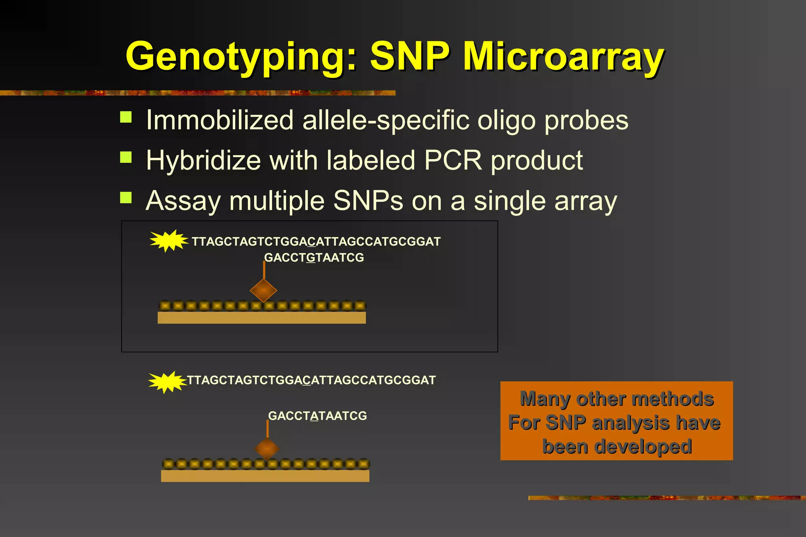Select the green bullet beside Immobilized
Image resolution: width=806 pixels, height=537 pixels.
point(126,117)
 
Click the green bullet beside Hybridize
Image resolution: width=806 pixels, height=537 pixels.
point(126,157)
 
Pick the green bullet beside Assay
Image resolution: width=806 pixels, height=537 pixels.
point(126,197)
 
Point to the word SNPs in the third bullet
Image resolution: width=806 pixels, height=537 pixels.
point(368,201)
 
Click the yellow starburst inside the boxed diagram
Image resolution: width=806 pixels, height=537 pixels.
point(168,241)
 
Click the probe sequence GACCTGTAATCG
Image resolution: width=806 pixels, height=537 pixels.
point(314,258)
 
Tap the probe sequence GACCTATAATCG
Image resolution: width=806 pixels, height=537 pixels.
point(317,416)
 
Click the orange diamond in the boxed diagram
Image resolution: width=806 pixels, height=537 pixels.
point(263,291)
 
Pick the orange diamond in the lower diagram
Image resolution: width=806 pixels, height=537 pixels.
point(267,449)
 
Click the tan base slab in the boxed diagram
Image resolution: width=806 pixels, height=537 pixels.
point(261,318)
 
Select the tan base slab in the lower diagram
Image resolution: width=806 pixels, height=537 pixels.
point(265,476)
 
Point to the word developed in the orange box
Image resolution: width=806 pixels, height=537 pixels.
point(617,447)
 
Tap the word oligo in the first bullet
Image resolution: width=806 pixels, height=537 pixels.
point(506,121)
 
